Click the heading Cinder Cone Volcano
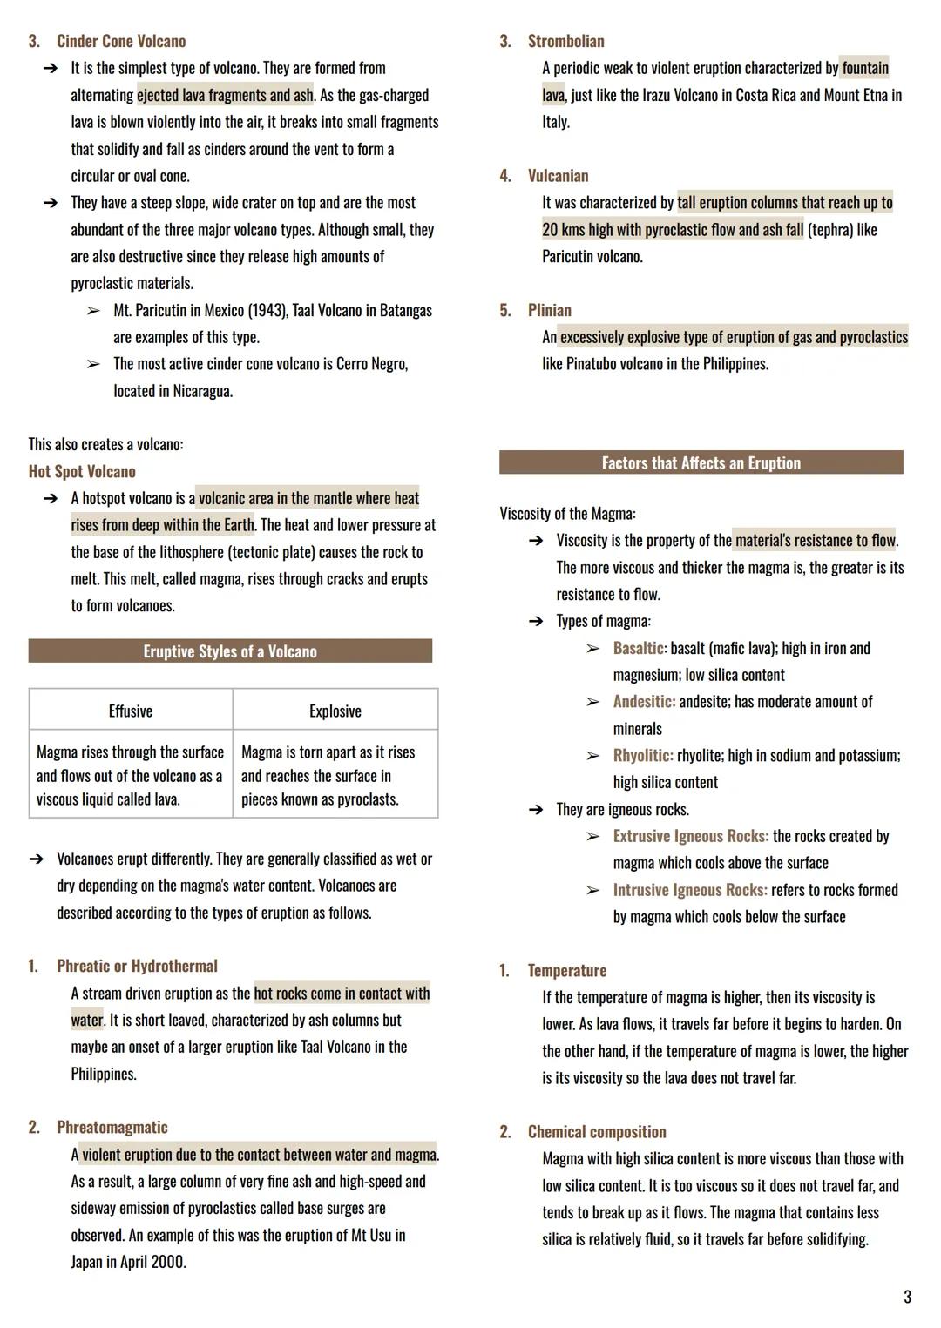[121, 41]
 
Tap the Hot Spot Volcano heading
[82, 471]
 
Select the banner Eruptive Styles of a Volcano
[230, 651]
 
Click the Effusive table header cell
[131, 711]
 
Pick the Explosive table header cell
[335, 711]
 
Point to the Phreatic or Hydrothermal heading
[137, 966]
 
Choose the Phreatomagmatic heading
[112, 1127]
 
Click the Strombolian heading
[565, 41]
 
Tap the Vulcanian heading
[558, 175]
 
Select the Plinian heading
[550, 310]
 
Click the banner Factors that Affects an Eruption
[701, 462]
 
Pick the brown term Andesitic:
[645, 701]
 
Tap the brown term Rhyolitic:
[643, 755]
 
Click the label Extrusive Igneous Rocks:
[691, 836]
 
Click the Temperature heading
[567, 970]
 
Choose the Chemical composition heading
[597, 1131]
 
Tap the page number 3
[907, 1297]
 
